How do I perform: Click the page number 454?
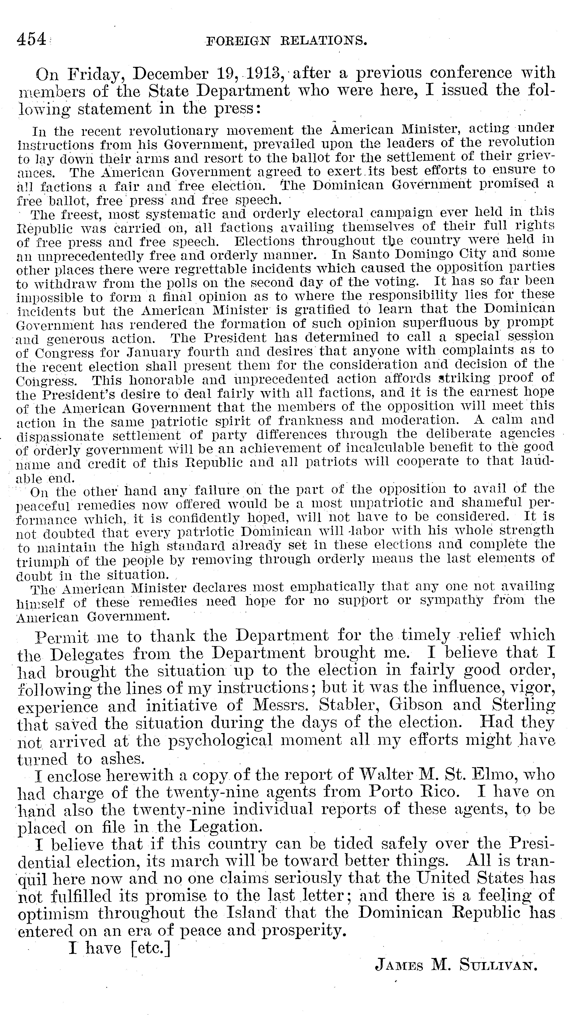31,39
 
